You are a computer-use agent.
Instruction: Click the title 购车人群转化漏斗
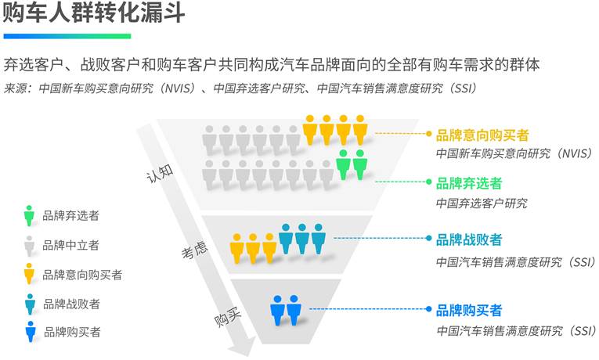tap(94, 13)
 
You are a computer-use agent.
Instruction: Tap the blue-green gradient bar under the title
tap(67, 36)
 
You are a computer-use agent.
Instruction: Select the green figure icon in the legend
tap(29, 216)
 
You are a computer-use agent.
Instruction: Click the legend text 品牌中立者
tap(70, 245)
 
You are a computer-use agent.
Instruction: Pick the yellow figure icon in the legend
tap(29, 273)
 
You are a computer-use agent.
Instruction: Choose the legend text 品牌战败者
tap(71, 304)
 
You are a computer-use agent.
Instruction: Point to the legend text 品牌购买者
tap(72, 332)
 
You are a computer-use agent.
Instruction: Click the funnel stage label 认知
tap(160, 174)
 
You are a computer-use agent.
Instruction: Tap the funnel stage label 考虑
tap(194, 250)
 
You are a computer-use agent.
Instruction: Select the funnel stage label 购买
tap(228, 318)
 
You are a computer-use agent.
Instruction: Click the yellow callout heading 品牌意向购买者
tap(482, 135)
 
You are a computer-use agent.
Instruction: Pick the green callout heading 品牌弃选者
tap(469, 183)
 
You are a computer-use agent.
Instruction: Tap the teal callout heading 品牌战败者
tap(469, 239)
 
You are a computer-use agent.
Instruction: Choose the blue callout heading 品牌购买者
tap(469, 310)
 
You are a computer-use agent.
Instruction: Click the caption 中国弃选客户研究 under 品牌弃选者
tap(482, 203)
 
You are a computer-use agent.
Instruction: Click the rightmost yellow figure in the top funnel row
tap(360, 130)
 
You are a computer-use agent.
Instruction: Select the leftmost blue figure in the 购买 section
tap(277, 310)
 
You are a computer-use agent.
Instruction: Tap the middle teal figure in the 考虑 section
tap(302, 239)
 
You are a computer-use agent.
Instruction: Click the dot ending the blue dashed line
tap(428, 309)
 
